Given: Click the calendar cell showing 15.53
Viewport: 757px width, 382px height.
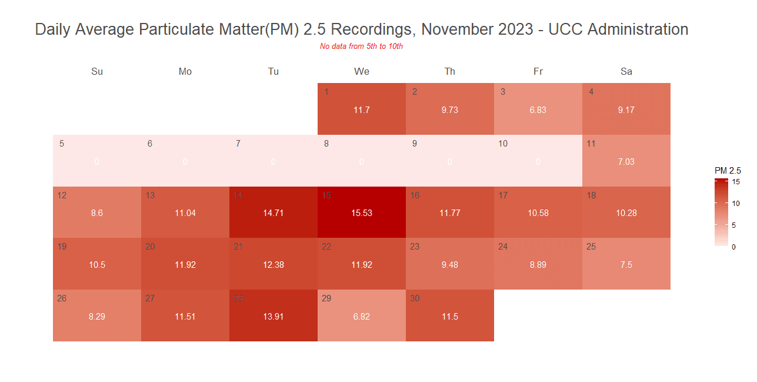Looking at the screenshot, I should pyautogui.click(x=362, y=212).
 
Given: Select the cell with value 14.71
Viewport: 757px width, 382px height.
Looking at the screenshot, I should pyautogui.click(x=274, y=212).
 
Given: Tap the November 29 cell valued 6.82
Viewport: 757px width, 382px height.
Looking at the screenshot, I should pyautogui.click(x=362, y=316).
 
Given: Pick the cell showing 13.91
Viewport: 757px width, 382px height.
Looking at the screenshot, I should pyautogui.click(x=274, y=316).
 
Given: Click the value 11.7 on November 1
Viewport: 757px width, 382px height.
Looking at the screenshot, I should pyautogui.click(x=362, y=110).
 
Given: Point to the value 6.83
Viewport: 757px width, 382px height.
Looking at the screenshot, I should pyautogui.click(x=538, y=110).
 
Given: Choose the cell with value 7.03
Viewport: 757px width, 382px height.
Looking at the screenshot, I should pyautogui.click(x=626, y=161).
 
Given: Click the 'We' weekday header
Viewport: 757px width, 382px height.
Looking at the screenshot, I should pyautogui.click(x=362, y=72).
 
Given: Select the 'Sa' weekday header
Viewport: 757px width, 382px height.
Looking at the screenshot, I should pyautogui.click(x=626, y=72).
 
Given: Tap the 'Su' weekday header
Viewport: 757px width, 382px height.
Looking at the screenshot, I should pyautogui.click(x=97, y=72).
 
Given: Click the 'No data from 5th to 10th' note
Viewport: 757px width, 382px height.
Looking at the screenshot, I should pyautogui.click(x=361, y=46).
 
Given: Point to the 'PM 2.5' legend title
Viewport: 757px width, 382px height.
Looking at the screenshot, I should pyautogui.click(x=728, y=170).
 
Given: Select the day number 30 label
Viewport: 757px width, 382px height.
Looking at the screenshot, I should pyautogui.click(x=415, y=298).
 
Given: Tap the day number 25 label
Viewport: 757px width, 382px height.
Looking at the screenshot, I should pyautogui.click(x=591, y=247).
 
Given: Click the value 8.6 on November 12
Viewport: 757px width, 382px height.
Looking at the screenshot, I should pyautogui.click(x=97, y=213).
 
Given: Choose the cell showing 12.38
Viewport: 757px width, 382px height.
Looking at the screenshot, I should pyautogui.click(x=274, y=264).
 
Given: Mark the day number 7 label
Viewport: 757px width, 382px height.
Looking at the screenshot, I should pyautogui.click(x=238, y=144).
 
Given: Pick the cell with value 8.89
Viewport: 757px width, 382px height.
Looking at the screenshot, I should pyautogui.click(x=538, y=264).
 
